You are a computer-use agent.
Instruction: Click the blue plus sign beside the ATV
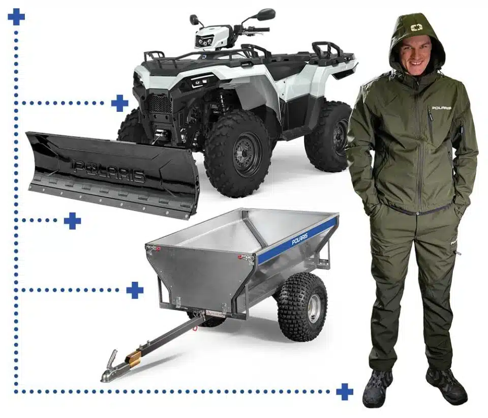click(120, 103)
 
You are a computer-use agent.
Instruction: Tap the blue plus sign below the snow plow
click(73, 221)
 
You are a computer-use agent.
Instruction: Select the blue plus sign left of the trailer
click(135, 290)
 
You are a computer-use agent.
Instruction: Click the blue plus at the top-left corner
click(16, 16)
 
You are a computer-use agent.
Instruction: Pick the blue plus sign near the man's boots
click(345, 392)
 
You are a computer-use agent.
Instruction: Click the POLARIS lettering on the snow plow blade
click(109, 171)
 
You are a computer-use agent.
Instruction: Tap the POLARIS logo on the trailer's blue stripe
click(300, 240)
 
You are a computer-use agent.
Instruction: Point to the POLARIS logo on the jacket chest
click(442, 108)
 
